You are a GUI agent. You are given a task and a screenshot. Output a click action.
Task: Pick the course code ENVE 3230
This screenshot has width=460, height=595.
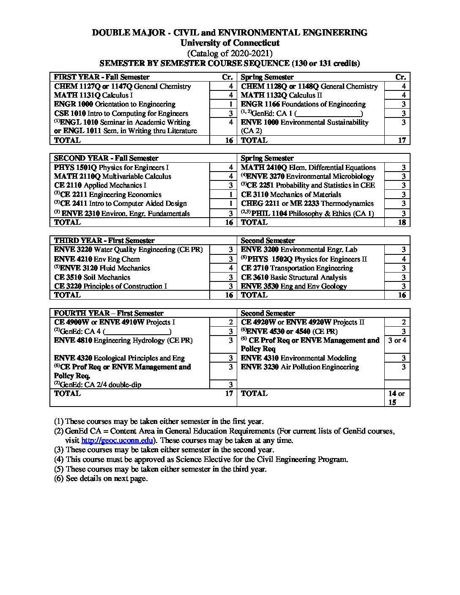click(x=260, y=367)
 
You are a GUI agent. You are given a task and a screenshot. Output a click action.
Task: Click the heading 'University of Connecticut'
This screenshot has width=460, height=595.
click(x=230, y=43)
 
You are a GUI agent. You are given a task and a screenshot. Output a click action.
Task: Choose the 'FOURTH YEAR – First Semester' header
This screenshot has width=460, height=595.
click(x=109, y=313)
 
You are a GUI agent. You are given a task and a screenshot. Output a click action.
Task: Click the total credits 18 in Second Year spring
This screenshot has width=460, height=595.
click(x=402, y=222)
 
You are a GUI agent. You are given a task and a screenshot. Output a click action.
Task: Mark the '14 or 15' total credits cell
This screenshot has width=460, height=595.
click(x=396, y=398)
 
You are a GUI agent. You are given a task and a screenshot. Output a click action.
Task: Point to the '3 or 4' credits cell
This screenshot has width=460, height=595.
click(x=397, y=340)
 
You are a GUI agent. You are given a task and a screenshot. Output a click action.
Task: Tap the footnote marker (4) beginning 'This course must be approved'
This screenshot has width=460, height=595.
click(x=59, y=459)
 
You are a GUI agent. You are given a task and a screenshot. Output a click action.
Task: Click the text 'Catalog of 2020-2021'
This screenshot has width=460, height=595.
click(x=230, y=53)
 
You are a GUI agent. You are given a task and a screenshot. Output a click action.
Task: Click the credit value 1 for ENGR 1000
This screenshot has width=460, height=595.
click(x=231, y=104)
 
